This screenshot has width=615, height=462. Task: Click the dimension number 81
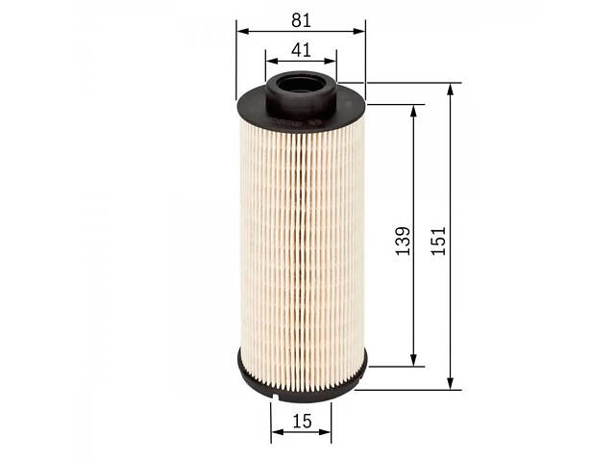[301, 20]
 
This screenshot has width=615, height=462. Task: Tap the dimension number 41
[301, 50]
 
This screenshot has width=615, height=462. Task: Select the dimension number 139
[403, 241]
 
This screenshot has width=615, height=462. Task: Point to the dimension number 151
[438, 241]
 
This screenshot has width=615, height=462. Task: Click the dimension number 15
[302, 422]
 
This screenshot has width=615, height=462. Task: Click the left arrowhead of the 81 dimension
[243, 31]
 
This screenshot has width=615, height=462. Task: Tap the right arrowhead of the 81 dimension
[358, 31]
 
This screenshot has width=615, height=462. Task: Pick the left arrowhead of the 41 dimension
[272, 61]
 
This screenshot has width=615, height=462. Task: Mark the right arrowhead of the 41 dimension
[330, 61]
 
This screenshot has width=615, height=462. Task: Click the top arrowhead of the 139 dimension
[413, 112]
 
